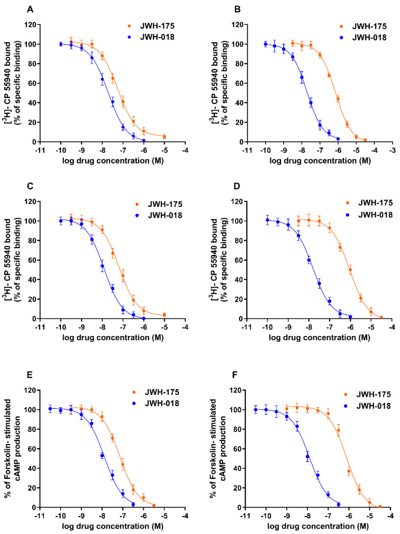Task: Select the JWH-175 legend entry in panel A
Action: tap(149, 25)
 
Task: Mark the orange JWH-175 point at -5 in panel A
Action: tap(165, 137)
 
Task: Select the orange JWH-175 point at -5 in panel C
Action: tap(165, 315)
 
